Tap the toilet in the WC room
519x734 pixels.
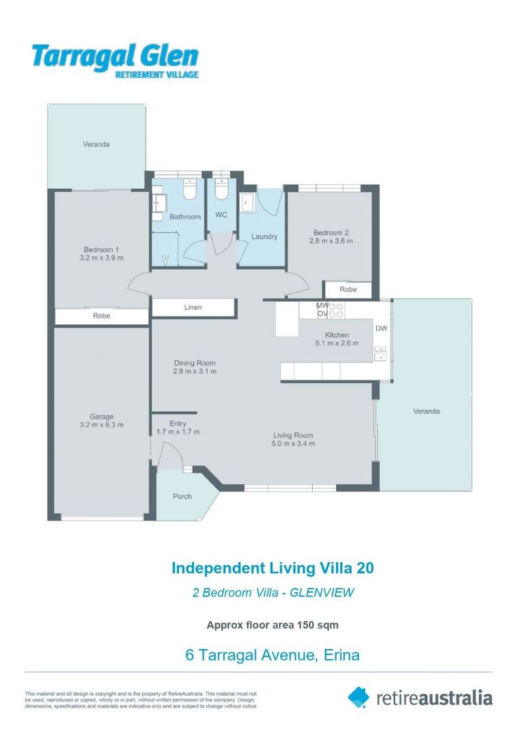(x=221, y=190)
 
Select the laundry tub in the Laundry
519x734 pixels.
(x=248, y=203)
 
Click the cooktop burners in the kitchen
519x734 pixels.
(x=335, y=310)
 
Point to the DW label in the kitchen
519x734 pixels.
(x=381, y=329)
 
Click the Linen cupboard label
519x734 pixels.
(x=192, y=308)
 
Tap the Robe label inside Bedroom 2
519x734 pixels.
(x=348, y=290)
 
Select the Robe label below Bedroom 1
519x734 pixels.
(x=101, y=317)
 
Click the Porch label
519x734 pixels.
(x=182, y=497)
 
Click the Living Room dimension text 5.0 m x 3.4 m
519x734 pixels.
(x=293, y=444)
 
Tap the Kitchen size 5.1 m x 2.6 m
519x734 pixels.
(x=337, y=344)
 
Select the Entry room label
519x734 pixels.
(x=178, y=423)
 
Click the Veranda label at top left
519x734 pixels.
(x=96, y=144)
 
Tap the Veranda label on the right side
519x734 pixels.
(x=426, y=411)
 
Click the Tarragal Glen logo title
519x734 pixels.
(x=114, y=56)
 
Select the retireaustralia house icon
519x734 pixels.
(x=358, y=696)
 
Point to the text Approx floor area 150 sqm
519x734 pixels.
(x=272, y=625)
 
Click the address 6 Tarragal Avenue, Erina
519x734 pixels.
(x=272, y=655)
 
